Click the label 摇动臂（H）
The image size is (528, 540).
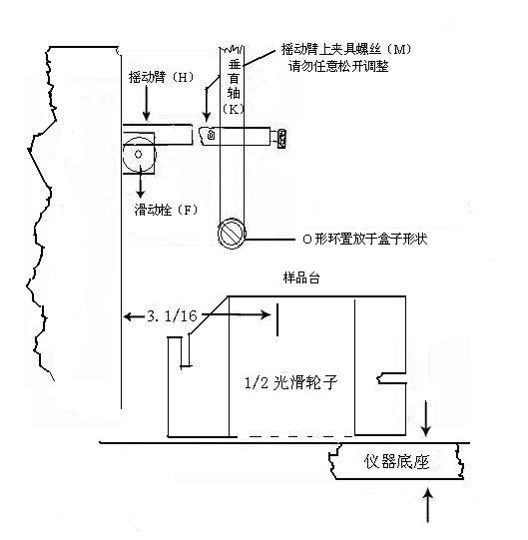(161, 77)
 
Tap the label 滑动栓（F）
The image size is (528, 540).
(167, 210)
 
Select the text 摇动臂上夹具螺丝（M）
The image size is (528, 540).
(346, 50)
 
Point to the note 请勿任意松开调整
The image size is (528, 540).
(338, 66)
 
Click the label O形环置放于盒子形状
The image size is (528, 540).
(365, 239)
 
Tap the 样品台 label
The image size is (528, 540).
(301, 277)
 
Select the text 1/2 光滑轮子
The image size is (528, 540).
(290, 382)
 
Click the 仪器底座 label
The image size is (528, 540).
(397, 461)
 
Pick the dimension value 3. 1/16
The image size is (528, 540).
(172, 315)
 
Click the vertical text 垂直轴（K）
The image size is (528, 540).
(234, 86)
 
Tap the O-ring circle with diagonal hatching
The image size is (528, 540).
(232, 234)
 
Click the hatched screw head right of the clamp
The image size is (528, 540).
(282, 139)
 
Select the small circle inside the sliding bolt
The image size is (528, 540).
(138, 155)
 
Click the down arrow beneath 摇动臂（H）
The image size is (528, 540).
(147, 103)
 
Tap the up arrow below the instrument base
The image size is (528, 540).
(427, 505)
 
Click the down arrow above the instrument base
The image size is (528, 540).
(426, 418)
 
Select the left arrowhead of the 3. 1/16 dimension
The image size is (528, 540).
(128, 315)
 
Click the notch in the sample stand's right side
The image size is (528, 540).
(391, 378)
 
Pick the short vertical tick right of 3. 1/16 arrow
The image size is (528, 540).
(277, 319)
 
